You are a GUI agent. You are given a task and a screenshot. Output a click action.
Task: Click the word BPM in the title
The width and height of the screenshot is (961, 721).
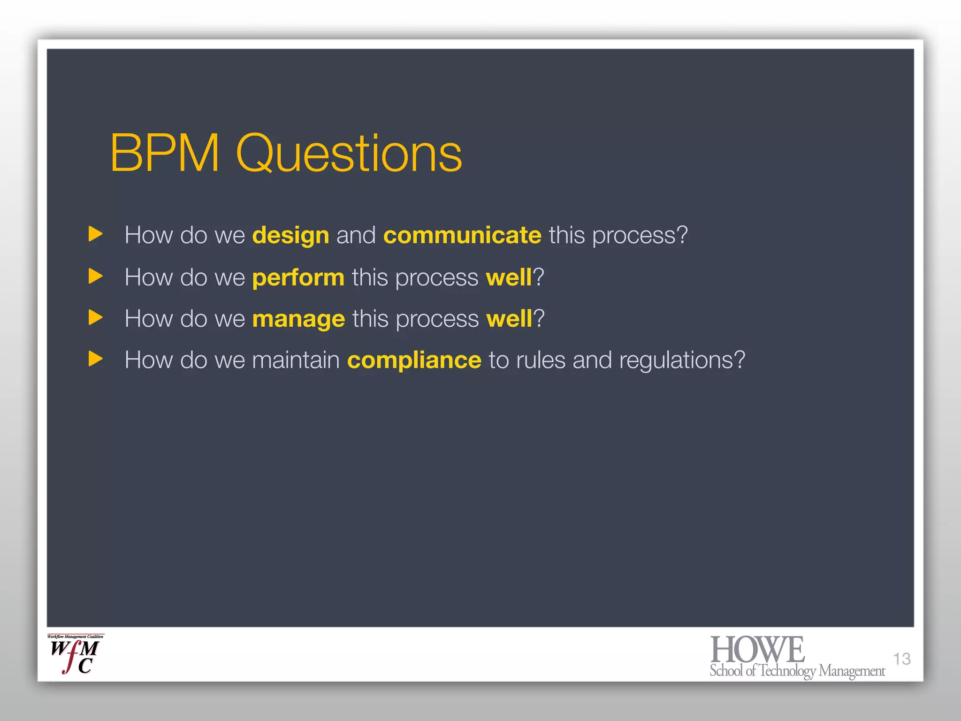click(x=165, y=153)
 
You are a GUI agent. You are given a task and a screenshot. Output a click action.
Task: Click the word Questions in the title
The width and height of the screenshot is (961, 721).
click(x=349, y=153)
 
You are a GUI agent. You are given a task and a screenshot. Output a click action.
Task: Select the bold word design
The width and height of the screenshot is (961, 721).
click(x=290, y=235)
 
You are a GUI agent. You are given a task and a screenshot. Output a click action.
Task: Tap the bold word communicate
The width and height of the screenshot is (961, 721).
click(x=462, y=235)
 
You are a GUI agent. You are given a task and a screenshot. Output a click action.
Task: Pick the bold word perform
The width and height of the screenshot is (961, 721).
click(x=298, y=277)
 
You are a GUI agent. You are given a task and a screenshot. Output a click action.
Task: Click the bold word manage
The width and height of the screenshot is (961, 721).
click(x=298, y=319)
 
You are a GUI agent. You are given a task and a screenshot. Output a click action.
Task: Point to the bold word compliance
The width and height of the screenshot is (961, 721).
click(x=414, y=360)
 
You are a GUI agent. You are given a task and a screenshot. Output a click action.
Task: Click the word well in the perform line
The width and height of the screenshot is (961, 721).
click(x=509, y=277)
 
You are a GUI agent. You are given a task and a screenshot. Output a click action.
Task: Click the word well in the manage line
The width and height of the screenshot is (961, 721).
click(x=509, y=319)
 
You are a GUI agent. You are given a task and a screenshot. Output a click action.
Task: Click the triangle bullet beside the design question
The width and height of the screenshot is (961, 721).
click(x=95, y=234)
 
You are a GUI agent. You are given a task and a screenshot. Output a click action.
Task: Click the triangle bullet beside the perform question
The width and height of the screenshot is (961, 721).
click(x=95, y=276)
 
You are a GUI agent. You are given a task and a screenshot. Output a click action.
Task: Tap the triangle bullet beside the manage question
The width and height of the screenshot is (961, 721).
click(x=95, y=318)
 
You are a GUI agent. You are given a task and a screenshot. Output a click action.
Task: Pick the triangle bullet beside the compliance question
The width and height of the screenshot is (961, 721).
click(x=95, y=359)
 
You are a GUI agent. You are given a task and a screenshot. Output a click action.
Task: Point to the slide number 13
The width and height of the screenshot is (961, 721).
click(x=901, y=659)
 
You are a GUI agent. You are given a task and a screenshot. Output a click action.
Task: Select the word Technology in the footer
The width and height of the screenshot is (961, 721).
click(x=787, y=671)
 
